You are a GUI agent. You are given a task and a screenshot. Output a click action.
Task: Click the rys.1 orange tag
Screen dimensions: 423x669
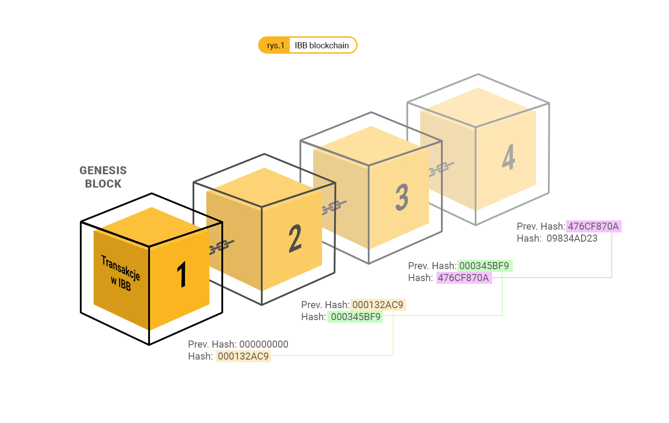275,46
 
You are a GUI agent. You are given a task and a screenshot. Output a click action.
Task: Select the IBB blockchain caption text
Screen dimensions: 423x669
322,46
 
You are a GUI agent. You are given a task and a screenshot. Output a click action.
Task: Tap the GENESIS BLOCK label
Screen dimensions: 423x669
103,177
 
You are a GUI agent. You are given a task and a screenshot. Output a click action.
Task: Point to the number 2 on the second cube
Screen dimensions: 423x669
295,238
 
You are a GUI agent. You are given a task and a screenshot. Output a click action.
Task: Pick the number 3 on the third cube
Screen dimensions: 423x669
402,197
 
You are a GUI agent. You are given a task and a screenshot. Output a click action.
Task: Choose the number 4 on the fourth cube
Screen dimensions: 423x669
508,157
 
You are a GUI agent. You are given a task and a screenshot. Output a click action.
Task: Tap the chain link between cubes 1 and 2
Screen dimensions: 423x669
221,246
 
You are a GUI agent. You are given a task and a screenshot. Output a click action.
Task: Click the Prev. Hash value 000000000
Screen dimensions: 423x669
264,344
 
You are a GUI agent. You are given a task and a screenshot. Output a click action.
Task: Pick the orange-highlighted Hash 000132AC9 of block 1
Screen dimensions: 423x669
243,356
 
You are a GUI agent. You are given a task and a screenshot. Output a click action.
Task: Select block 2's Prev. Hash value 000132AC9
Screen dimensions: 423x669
378,305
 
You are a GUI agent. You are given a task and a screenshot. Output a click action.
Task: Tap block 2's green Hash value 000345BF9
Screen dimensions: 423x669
355,317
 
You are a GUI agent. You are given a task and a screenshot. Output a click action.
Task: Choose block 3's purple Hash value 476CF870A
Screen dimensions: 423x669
464,278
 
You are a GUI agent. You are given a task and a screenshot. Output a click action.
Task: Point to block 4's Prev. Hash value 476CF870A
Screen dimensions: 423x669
593,227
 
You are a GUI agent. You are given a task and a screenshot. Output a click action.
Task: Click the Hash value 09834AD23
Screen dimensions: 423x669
572,239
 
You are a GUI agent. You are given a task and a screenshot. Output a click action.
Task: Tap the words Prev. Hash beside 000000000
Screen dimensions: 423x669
212,344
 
